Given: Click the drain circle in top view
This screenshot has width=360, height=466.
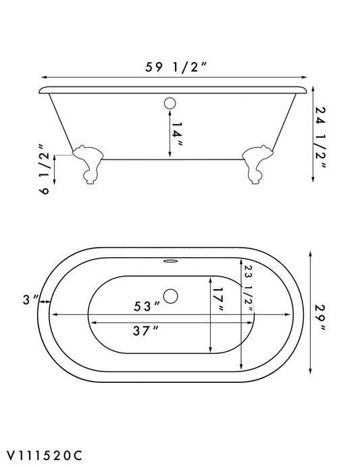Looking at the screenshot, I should (x=172, y=295).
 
